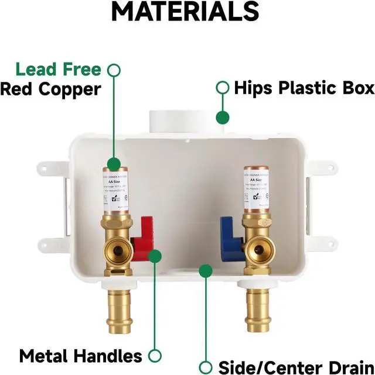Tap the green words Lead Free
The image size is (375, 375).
[59, 70]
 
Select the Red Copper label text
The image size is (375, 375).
[50, 89]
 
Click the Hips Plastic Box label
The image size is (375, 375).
[304, 88]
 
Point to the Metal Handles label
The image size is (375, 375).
[81, 356]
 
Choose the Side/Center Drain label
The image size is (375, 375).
[295, 367]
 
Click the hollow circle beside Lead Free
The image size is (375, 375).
[115, 70]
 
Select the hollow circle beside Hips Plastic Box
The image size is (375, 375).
[222, 88]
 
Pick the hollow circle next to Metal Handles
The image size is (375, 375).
[155, 356]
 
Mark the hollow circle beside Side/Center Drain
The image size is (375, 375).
[205, 367]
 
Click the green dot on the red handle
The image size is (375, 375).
[155, 256]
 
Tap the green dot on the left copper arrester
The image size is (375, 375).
[115, 164]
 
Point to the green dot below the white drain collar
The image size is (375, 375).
[222, 118]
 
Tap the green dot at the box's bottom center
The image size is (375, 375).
[205, 270]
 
